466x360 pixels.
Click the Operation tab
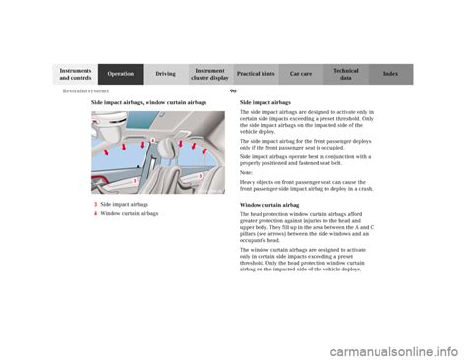pyautogui.click(x=121, y=74)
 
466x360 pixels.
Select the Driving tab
pyautogui.click(x=165, y=74)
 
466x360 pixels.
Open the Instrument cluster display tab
pyautogui.click(x=210, y=74)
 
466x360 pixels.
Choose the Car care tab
pyautogui.click(x=301, y=74)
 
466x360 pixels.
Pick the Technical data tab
pyautogui.click(x=346, y=74)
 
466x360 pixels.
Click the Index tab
pyautogui.click(x=391, y=74)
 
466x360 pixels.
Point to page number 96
pyautogui.click(x=233, y=91)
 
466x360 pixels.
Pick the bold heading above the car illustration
pyautogui.click(x=148, y=102)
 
